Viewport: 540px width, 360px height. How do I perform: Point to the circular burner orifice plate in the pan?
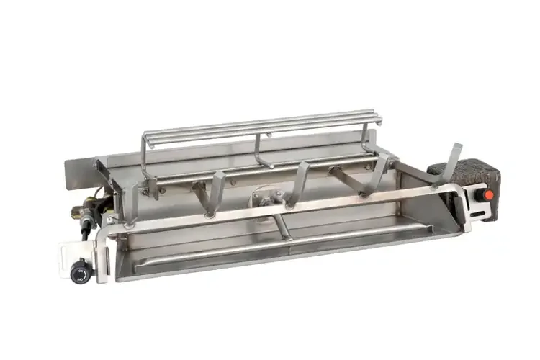[x=264, y=196]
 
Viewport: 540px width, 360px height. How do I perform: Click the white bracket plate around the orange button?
[x=477, y=205]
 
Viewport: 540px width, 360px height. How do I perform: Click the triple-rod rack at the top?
[x=266, y=124]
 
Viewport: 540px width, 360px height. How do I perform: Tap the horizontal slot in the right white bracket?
[x=478, y=211]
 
